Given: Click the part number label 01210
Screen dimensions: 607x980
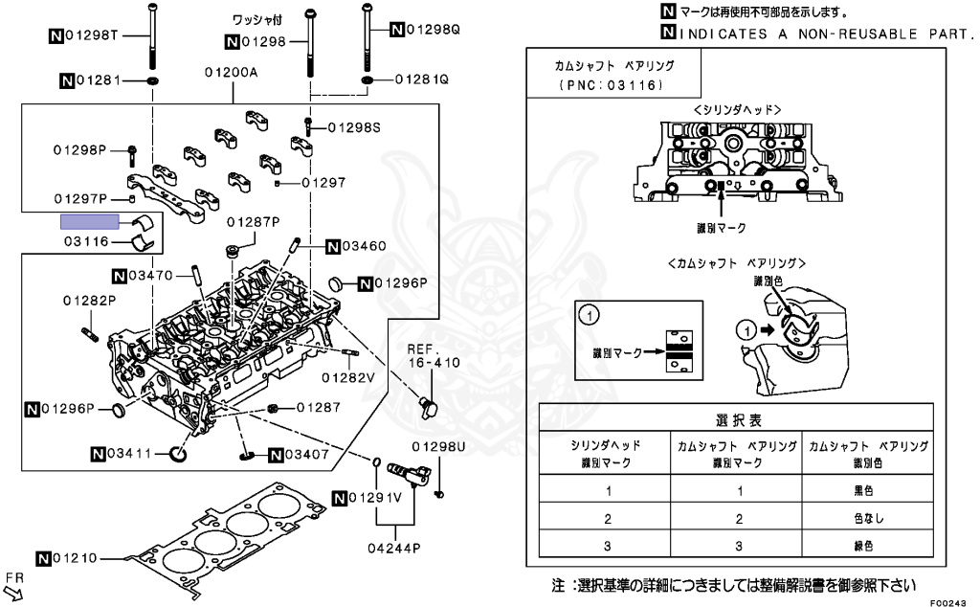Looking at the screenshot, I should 78,557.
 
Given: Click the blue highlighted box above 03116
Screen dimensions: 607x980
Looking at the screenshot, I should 91,222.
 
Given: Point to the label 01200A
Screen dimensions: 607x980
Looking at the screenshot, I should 230,72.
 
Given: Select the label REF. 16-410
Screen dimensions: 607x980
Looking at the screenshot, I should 434,355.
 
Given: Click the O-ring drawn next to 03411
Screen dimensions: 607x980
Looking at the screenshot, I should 178,452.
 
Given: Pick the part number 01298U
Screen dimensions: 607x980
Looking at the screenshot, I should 438,447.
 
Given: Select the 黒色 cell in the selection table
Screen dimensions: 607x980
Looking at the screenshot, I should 863,490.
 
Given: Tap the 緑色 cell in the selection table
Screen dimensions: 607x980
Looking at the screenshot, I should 863,546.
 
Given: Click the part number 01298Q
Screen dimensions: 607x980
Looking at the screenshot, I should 433,30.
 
